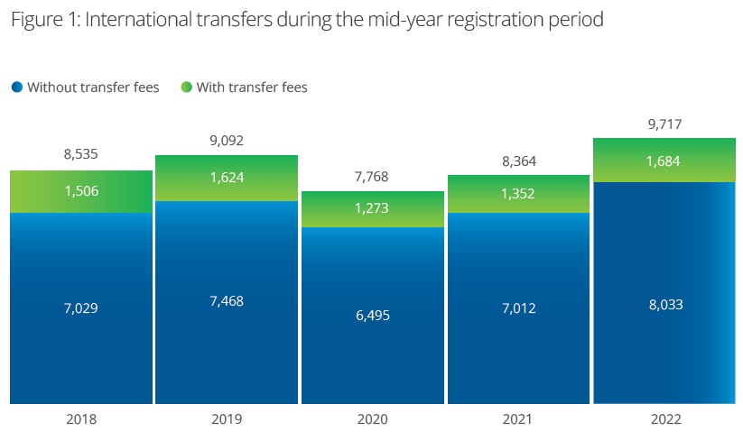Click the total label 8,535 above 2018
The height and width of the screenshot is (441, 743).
[x=81, y=155]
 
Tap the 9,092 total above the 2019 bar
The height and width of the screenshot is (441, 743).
[x=226, y=141]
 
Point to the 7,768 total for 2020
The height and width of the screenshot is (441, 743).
[x=372, y=176]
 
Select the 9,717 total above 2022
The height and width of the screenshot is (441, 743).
[x=664, y=124]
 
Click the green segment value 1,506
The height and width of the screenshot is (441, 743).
[x=81, y=191]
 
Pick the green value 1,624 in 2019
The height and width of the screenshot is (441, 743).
[x=226, y=178]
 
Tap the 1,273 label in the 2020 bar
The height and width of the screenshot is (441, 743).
[x=372, y=209]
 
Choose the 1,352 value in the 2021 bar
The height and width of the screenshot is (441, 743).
[x=518, y=194]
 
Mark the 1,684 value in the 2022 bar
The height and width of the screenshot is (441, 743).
[x=664, y=161]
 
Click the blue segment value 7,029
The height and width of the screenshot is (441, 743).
[x=81, y=308]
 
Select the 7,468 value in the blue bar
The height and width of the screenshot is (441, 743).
[x=226, y=300]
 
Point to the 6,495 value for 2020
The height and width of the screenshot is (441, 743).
[x=372, y=316]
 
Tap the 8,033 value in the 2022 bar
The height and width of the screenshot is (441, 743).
[x=664, y=305]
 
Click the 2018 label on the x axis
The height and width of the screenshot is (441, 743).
[x=81, y=419]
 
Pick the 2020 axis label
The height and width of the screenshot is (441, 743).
[x=372, y=419]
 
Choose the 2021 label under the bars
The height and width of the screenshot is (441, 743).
[x=518, y=419]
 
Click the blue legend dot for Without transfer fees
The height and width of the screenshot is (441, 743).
[x=17, y=87]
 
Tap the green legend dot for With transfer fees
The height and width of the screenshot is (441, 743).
[x=187, y=87]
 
